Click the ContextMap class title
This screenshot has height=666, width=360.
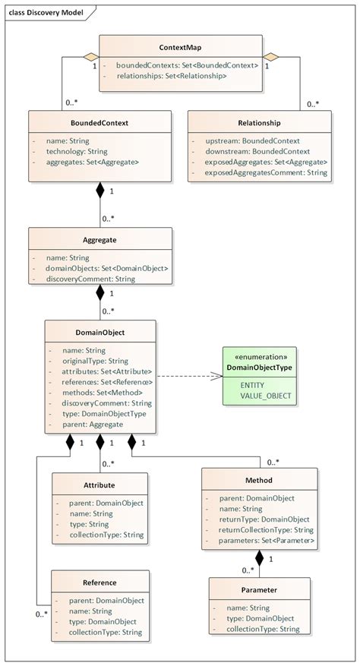(x=181, y=47)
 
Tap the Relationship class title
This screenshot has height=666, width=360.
(x=258, y=122)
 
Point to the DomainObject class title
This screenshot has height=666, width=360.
(x=100, y=332)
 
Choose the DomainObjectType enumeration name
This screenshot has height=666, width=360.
(x=258, y=368)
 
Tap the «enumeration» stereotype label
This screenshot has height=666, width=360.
(x=258, y=356)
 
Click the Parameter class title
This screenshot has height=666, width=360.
(x=259, y=589)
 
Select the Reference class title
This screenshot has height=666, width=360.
(x=99, y=582)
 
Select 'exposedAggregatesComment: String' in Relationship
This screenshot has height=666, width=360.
(x=266, y=172)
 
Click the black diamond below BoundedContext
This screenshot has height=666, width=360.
(x=99, y=191)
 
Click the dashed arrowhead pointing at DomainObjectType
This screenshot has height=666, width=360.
(x=215, y=374)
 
